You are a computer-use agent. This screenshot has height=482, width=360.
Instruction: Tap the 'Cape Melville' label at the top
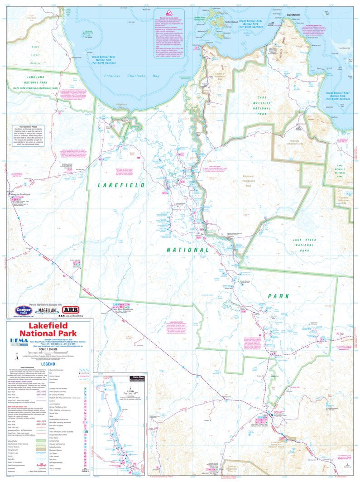pos(295,15)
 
